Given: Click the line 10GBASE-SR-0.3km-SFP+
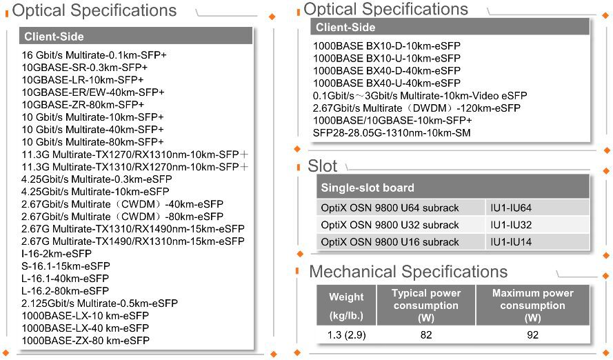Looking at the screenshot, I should tap(85, 68).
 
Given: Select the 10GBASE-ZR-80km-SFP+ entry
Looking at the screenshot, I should tap(83, 105).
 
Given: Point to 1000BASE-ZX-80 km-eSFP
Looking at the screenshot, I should tap(86, 341).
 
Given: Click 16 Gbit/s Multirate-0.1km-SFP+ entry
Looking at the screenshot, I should tap(94, 55).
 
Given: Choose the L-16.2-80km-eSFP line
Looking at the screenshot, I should tap(65, 291).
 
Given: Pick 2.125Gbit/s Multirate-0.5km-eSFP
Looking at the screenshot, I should tap(99, 303).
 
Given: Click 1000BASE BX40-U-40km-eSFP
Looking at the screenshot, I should tap(387, 83).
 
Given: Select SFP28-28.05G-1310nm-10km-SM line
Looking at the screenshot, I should tap(392, 133).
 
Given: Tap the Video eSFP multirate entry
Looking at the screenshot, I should tap(420, 96).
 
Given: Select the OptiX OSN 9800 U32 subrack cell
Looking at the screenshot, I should tap(390, 226).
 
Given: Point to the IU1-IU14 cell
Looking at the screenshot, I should tap(511, 242).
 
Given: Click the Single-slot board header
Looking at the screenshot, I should tap(368, 188).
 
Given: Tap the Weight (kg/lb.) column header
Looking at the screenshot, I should tap(346, 307).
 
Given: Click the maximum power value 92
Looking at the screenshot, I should tap(532, 334).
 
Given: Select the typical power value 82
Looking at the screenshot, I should tap(425, 334).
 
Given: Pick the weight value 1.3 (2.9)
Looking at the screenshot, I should tap(346, 334).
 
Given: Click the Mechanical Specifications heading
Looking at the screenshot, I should tap(408, 272).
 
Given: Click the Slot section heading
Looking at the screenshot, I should tap(323, 166).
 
